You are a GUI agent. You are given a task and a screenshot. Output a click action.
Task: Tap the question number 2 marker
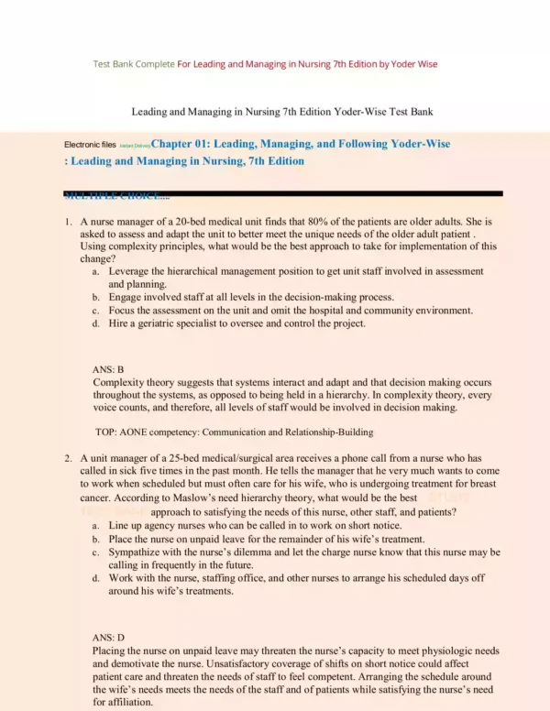coord(68,457)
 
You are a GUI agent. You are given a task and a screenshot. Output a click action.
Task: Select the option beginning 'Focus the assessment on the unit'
coord(291,311)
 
